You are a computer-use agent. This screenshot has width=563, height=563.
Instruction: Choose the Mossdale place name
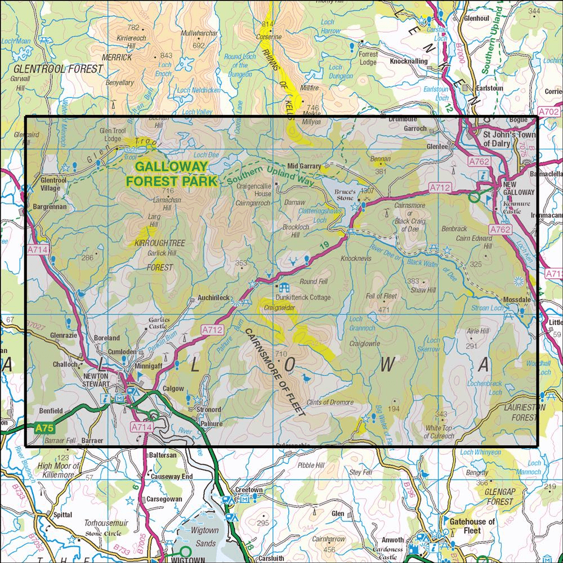(x=517, y=301)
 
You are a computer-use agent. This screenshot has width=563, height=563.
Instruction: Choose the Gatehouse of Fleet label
(x=472, y=526)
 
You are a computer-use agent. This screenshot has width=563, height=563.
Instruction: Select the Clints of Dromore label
(x=330, y=402)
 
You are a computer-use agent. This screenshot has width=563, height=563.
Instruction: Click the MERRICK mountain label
(x=117, y=57)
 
